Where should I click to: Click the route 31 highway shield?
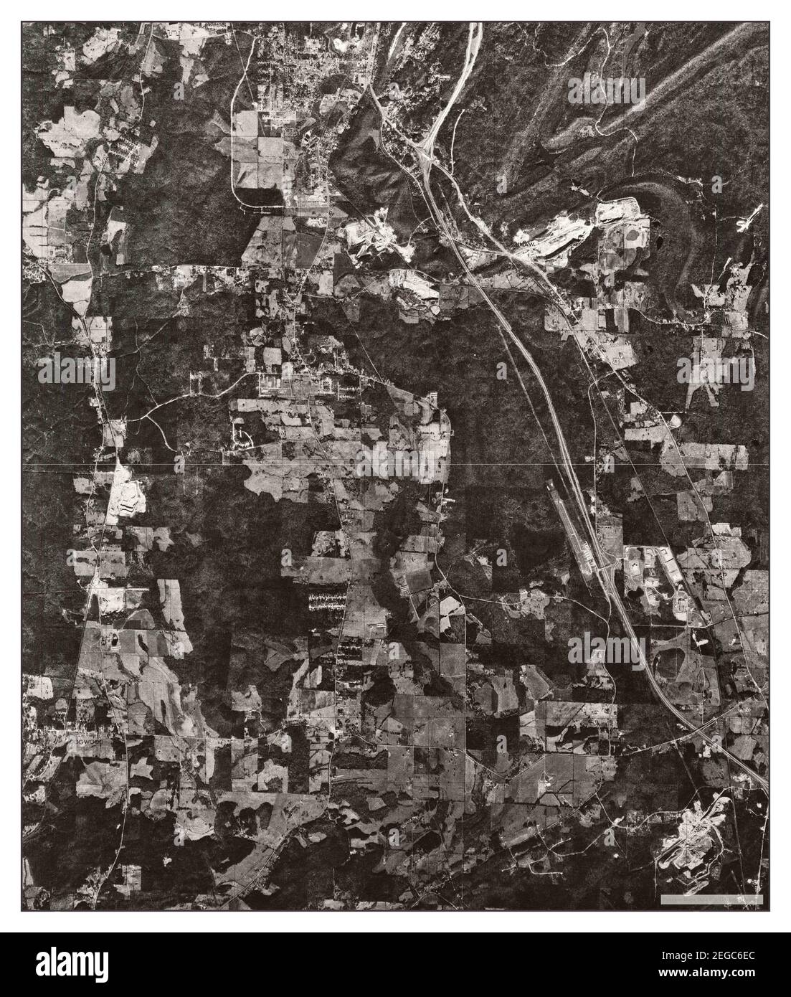(x=615, y=364)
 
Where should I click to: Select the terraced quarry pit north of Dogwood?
(x=122, y=494)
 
